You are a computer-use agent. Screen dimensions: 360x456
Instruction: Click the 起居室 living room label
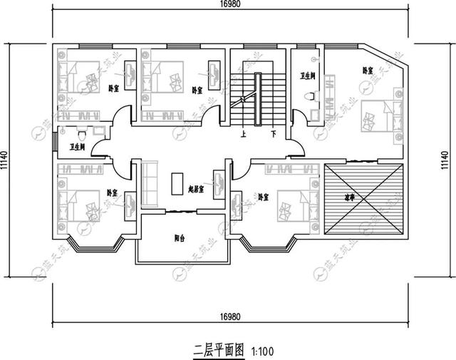[196, 190]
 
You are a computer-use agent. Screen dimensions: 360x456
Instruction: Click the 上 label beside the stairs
[244, 133]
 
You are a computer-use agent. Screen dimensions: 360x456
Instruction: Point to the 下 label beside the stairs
[273, 133]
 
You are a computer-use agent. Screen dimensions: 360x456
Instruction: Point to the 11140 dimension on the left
[6, 165]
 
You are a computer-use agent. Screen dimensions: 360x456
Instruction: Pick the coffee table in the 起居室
[177, 182]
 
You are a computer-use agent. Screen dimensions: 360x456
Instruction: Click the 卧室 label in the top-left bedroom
[113, 88]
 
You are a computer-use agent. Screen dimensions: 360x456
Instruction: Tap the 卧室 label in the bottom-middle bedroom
[264, 196]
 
